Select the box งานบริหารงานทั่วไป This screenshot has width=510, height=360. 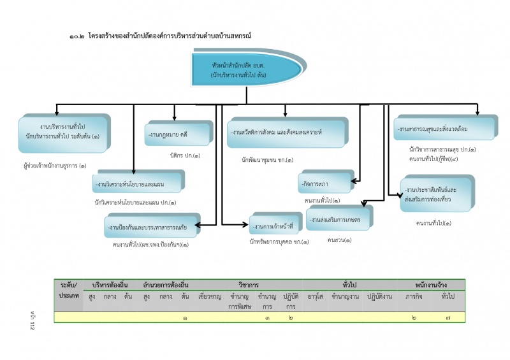tap(64, 132)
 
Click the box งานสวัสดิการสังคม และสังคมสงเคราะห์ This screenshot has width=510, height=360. tap(286, 132)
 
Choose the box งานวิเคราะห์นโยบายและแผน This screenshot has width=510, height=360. tap(137, 184)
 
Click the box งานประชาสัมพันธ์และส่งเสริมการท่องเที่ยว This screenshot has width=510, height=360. tap(437, 195)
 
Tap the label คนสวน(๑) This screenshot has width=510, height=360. tap(339, 240)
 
